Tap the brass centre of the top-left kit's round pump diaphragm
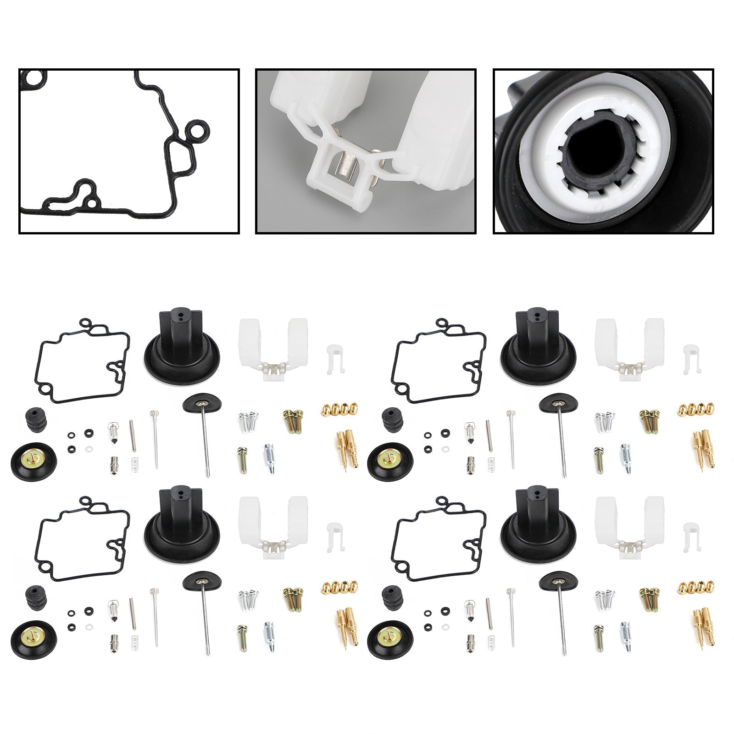tap(33, 456)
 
